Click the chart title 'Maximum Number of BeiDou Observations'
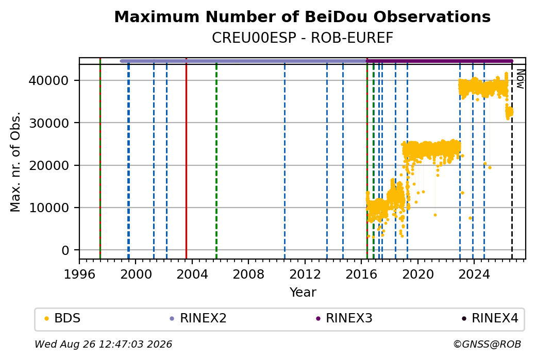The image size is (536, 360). coord(302,17)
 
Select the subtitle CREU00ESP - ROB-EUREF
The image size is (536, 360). coord(302,38)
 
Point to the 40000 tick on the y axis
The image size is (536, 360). coord(48,81)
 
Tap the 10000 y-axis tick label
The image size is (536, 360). coord(48,208)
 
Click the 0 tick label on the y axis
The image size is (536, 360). coord(65,250)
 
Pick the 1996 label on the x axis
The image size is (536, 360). coord(79,274)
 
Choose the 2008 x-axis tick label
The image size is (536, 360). coord(248,274)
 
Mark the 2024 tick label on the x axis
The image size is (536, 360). coord(474,274)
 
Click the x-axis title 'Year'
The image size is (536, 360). coord(303,293)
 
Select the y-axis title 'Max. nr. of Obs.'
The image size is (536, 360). coord(15,162)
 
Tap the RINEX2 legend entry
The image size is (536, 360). coord(198,318)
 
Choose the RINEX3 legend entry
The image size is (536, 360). coord(344,318)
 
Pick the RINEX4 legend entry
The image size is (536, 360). coord(490,318)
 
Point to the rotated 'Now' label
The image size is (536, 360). coord(520,79)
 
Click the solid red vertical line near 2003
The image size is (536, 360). coord(186,159)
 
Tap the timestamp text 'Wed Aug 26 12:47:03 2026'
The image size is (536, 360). coord(103,344)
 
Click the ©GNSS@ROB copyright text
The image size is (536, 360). coord(487,344)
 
